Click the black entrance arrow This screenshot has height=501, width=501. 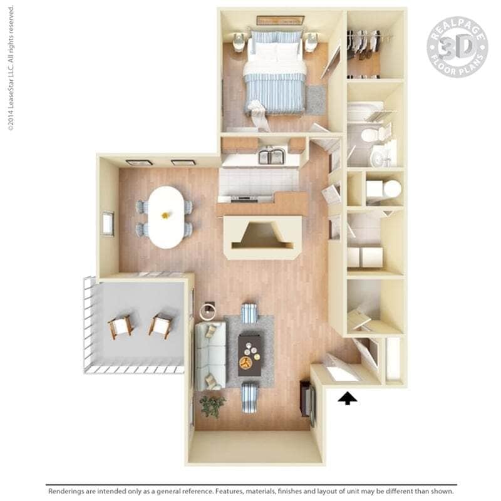point(348,399)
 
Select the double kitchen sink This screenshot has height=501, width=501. point(272,156)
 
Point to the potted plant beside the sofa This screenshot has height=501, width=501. point(212,406)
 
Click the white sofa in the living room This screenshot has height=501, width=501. point(210,356)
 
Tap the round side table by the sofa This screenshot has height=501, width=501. point(208,311)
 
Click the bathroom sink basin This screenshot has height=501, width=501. point(380,157)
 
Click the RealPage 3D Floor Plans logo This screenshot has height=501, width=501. point(457,47)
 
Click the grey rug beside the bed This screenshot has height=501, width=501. point(316,100)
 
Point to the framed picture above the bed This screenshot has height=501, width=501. point(281,20)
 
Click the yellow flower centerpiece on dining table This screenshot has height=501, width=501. point(165,215)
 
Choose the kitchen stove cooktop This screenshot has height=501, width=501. point(244,199)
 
